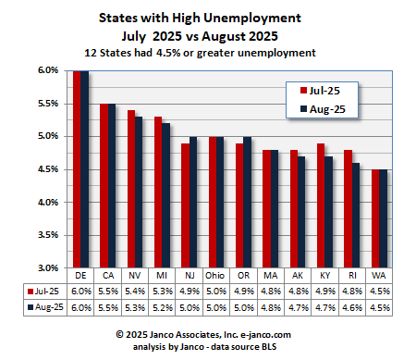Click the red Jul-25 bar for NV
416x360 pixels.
[131, 190]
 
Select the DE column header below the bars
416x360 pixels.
[80, 276]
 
